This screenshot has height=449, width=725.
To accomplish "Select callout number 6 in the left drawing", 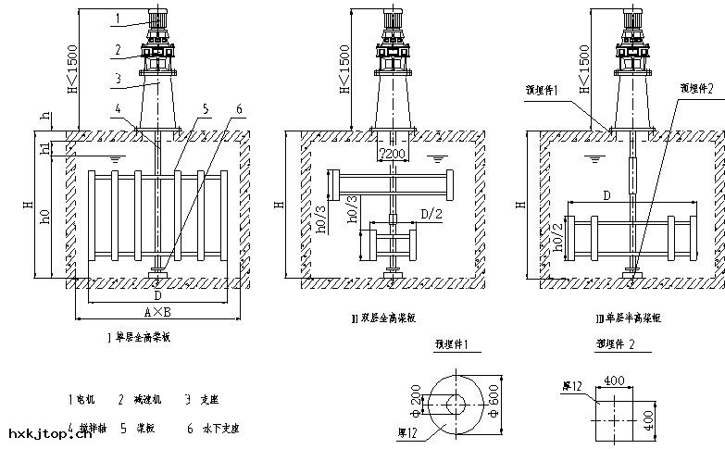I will click(x=239, y=108).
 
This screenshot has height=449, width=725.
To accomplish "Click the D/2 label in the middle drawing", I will click(x=431, y=215).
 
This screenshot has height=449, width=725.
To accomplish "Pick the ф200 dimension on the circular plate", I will click(x=416, y=403).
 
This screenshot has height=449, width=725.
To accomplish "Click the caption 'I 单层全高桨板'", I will click(x=141, y=338).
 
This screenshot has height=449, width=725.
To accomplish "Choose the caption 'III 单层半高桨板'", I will click(x=629, y=318).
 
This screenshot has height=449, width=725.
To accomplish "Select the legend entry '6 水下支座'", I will click(x=213, y=429).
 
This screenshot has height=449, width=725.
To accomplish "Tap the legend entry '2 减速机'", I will click(x=140, y=399).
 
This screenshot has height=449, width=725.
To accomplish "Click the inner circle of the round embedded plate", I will click(x=455, y=405).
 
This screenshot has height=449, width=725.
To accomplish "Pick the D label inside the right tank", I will click(x=606, y=196).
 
